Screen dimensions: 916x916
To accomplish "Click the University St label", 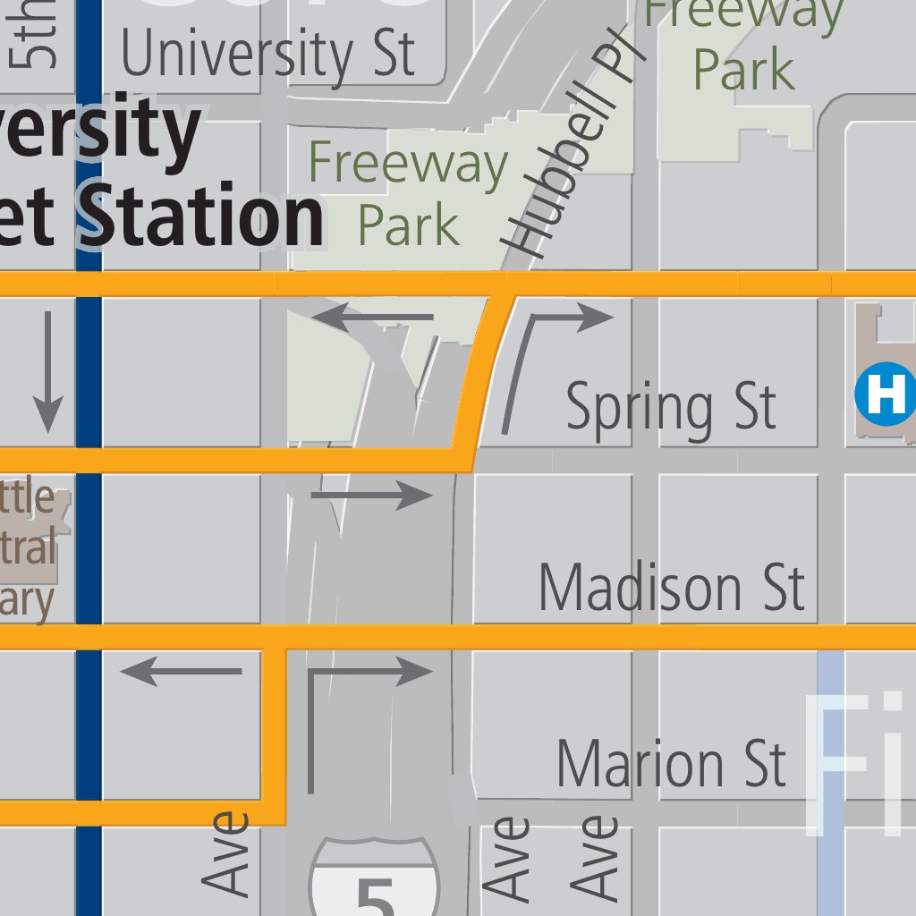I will [268, 54].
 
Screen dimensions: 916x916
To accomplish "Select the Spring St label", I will [671, 407].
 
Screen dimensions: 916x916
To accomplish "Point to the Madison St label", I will [671, 588].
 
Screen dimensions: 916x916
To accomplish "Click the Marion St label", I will [671, 765].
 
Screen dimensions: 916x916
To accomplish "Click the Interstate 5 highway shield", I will [376, 881].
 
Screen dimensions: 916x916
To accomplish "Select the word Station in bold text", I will [206, 217].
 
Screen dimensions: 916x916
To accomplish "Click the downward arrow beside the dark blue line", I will [47, 371].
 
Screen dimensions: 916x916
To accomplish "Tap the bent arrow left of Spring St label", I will [546, 358].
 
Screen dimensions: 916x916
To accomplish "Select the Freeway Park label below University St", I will [408, 193].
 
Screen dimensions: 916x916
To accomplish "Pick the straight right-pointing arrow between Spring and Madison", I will [371, 495].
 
